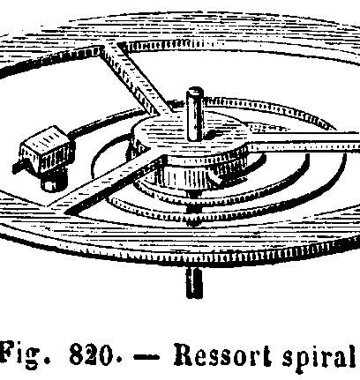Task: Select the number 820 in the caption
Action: coord(92,354)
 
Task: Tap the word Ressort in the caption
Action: coord(222,354)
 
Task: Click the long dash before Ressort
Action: coord(146,356)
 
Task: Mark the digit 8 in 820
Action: coord(77,354)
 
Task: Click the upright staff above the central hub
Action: coord(195,114)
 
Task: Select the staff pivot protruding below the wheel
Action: coord(194,282)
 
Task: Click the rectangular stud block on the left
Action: coord(47,150)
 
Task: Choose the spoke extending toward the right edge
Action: coord(303,142)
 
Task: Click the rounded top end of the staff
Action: coord(195,91)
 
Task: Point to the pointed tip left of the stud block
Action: coord(15,168)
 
